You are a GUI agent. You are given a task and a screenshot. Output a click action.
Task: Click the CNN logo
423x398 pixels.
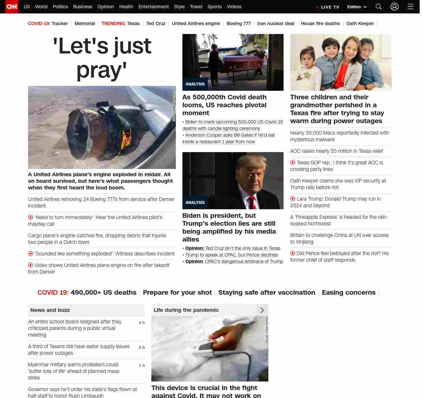[x=12, y=7]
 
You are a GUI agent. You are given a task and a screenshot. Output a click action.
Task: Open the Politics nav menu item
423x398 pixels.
[x=60, y=7]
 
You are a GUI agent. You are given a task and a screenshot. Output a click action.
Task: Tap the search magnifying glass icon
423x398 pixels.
[x=379, y=7]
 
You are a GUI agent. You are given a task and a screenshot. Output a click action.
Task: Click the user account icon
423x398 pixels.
[x=394, y=7]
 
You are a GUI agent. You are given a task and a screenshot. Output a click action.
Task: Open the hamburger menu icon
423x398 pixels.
[x=410, y=7]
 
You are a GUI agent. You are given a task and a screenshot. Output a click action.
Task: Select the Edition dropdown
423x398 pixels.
[x=357, y=7]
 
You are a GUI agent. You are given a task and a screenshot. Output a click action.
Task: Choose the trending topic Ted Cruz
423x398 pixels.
[x=156, y=23]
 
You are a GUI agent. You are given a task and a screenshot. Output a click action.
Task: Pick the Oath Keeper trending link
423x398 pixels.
[x=360, y=23]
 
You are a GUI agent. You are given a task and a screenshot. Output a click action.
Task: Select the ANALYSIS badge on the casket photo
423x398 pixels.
[x=195, y=84]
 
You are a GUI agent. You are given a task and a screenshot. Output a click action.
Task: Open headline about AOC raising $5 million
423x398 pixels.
[x=336, y=151]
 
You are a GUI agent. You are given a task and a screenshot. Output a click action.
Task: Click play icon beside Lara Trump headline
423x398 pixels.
[x=293, y=199]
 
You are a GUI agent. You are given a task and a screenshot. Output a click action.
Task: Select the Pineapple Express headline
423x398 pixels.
[x=339, y=220]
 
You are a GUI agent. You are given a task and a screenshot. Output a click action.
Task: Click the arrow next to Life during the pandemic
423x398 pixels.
[x=262, y=310]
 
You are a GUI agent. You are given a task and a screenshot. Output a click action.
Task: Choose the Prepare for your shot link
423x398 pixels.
[x=177, y=293]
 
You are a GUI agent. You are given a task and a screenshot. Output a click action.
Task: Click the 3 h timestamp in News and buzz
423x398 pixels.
[x=141, y=323]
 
